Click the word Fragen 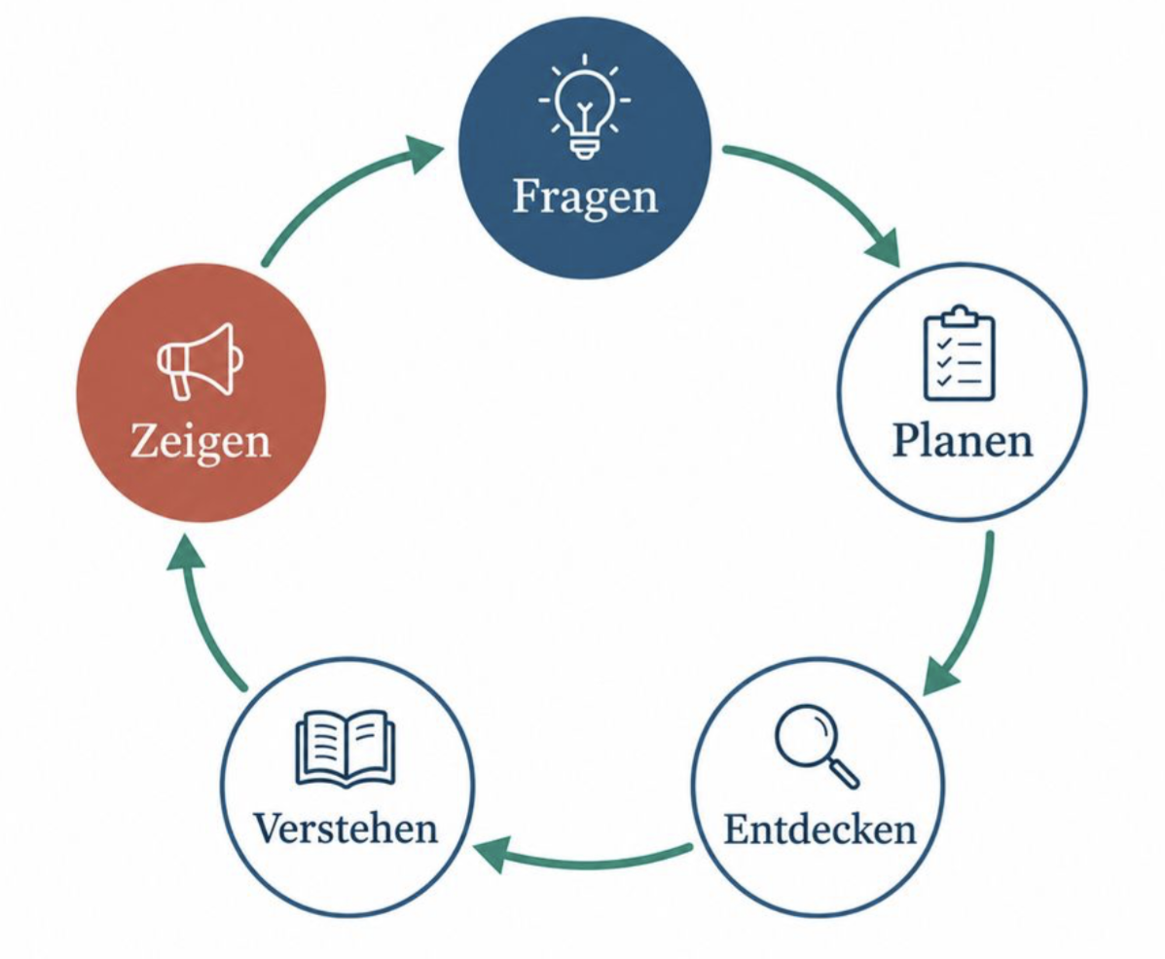[586, 198]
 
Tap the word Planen [963, 439]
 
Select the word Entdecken [819, 830]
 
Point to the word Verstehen [346, 829]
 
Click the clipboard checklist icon [960, 353]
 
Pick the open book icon [346, 749]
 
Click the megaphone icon [200, 360]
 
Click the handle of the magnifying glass [843, 772]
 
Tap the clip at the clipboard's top [960, 315]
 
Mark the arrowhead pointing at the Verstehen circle [491, 854]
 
